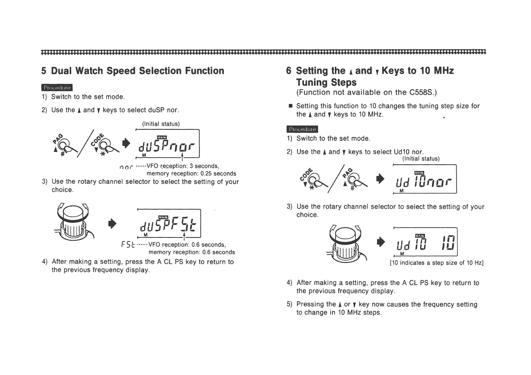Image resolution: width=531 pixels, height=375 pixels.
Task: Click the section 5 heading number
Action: [44, 71]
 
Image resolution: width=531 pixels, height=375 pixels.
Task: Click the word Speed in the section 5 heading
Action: [121, 71]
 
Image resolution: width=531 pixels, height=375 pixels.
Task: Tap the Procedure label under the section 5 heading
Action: [57, 88]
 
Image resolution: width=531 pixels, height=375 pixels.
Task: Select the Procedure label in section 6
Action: [302, 129]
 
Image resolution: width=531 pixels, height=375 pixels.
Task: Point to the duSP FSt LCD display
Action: [169, 223]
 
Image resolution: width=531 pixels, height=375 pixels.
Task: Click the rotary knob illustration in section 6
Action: [345, 243]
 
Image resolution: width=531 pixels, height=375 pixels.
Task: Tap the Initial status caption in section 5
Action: [161, 124]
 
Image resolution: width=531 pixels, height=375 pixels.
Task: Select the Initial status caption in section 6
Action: [421, 159]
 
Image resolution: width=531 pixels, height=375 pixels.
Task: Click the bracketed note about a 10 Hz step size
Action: [436, 263]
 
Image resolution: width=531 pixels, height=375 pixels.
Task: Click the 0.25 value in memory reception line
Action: [207, 174]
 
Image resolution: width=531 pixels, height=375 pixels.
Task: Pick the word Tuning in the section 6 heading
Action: [311, 83]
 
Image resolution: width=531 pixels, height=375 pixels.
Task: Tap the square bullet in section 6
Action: [290, 106]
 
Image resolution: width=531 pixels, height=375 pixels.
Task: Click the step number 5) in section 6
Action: [289, 304]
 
